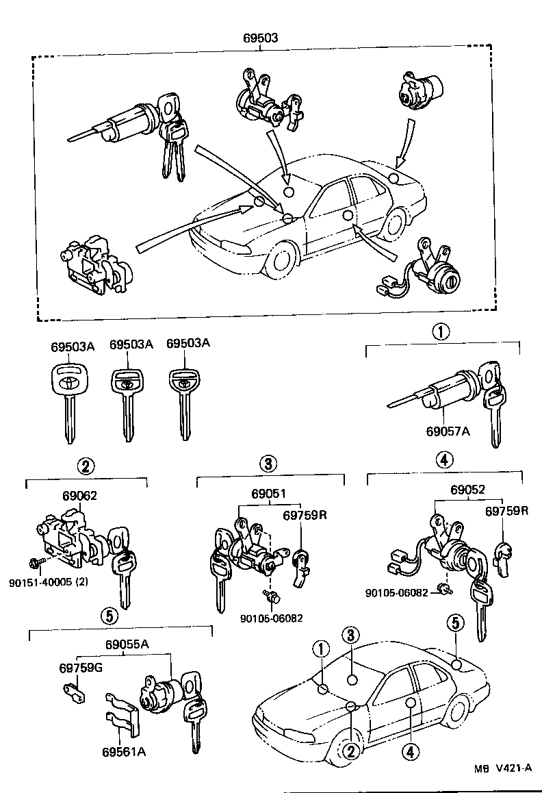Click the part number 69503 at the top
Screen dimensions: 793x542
[x=261, y=38]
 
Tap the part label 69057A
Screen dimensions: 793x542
[x=448, y=431]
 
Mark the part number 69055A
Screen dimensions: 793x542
[x=127, y=643]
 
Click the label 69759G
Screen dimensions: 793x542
[x=80, y=667]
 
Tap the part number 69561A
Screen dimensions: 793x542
[x=123, y=752]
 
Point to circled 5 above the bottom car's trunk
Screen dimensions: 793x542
[x=456, y=623]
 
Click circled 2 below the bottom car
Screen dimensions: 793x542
[x=350, y=751]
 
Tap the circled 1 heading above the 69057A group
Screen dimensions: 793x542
[x=440, y=333]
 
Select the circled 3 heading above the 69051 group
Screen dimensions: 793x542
[x=268, y=464]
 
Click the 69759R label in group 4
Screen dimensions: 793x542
[x=507, y=511]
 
